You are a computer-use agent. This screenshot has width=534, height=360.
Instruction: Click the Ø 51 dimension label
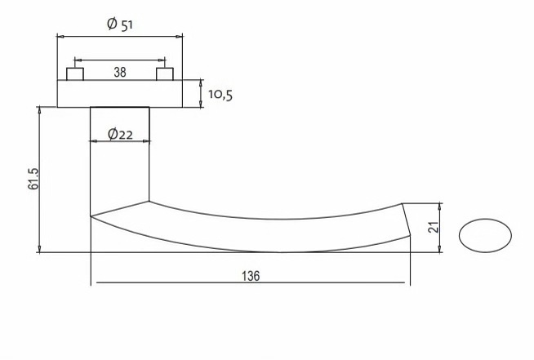pyautogui.click(x=119, y=24)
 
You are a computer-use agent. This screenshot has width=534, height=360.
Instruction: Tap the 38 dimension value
pyautogui.click(x=120, y=72)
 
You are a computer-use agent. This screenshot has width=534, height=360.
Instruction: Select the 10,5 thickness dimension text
pyautogui.click(x=220, y=95)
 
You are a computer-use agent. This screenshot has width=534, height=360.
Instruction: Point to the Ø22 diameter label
pyautogui.click(x=120, y=134)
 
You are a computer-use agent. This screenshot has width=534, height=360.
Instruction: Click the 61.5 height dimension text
pyautogui.click(x=33, y=179)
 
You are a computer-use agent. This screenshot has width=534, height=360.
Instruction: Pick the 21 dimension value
pyautogui.click(x=434, y=227)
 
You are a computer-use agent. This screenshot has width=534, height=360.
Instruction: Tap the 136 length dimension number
pyautogui.click(x=251, y=276)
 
